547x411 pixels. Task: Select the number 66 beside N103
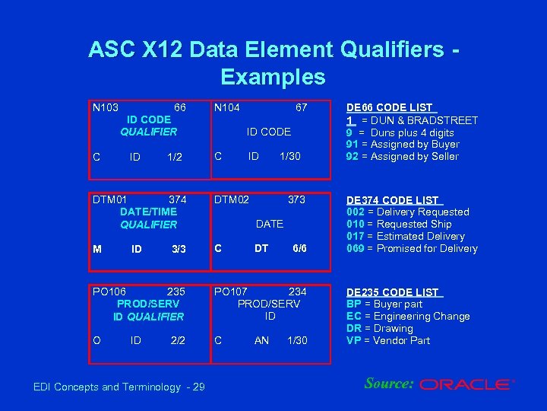(180, 107)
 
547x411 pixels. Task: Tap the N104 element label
(227, 107)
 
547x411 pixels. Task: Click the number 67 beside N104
(302, 107)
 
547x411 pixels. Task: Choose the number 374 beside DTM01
(177, 199)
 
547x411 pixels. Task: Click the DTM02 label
(232, 199)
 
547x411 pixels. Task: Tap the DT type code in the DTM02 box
(261, 248)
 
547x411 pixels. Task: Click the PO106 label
(109, 292)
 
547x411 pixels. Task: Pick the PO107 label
(232, 292)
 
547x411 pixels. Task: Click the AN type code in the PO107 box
(261, 340)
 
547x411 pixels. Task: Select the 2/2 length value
(178, 340)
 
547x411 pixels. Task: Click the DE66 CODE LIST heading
(390, 107)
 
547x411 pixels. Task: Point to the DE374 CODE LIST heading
(393, 199)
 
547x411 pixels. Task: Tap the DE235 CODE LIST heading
(393, 292)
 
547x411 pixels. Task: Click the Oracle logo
(466, 384)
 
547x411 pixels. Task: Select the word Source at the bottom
(387, 383)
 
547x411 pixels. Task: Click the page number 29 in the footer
(198, 387)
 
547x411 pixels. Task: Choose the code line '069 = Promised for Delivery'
(412, 248)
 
